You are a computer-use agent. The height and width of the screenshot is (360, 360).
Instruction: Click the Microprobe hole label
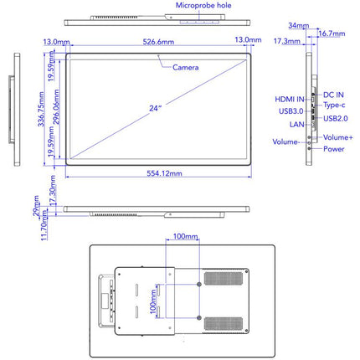coord(203,5)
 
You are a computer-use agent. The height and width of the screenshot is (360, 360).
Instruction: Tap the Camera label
coord(186,68)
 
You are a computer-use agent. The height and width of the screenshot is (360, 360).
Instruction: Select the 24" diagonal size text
coord(156,108)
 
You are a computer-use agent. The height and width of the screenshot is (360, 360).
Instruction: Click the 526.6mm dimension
coord(158,42)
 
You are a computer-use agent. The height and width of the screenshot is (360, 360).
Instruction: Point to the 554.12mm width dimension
coord(164,173)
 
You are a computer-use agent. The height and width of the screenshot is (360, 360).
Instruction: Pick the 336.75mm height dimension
coord(41,109)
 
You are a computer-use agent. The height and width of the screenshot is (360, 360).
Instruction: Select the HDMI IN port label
coord(290,100)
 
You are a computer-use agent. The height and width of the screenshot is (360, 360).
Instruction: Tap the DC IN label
coord(333,95)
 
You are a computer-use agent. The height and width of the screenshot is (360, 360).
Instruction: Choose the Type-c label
coord(334,105)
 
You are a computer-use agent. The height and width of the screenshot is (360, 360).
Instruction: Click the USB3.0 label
coord(291,111)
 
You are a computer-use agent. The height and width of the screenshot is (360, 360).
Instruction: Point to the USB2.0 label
coord(336,118)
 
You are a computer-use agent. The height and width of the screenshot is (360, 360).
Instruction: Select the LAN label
coord(297,125)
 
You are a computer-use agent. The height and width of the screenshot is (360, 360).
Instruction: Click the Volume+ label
coord(338,137)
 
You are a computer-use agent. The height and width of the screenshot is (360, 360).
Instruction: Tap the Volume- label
coord(286,141)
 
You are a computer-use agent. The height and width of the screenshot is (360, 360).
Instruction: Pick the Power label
coord(334,149)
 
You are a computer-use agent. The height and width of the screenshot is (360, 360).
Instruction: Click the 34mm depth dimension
coord(299,25)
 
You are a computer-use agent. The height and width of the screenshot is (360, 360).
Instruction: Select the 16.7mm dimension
coord(332,33)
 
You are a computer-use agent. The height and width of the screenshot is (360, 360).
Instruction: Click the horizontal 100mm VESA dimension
coord(186,236)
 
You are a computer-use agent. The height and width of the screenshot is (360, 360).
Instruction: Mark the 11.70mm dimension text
coord(44,225)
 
